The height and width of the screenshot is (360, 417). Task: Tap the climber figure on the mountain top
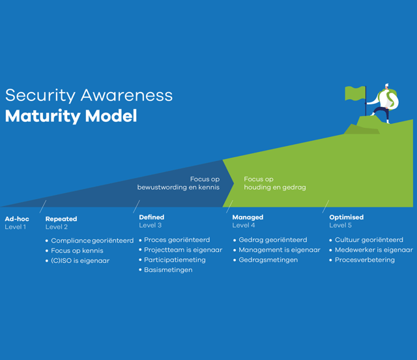click(x=386, y=103)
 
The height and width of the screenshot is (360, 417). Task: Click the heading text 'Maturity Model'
click(x=71, y=116)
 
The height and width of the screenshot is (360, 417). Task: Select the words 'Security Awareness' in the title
click(x=89, y=95)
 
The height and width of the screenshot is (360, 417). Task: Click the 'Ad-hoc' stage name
click(x=17, y=218)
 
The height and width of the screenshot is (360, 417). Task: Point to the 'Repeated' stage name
click(x=61, y=218)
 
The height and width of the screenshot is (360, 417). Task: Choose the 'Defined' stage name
click(x=152, y=217)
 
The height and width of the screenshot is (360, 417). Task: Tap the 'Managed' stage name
click(x=248, y=217)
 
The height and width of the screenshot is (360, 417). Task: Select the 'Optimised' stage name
click(x=347, y=217)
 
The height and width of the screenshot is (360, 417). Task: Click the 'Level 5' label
click(x=341, y=226)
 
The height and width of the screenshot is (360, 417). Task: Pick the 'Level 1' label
click(x=16, y=227)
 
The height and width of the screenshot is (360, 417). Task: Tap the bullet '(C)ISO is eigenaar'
click(x=80, y=261)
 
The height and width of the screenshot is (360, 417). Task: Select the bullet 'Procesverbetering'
click(x=365, y=260)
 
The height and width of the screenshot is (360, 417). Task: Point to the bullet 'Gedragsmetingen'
click(x=268, y=260)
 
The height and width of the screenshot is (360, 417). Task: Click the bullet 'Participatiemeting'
click(x=175, y=260)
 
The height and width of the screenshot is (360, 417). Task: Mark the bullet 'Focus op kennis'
click(x=77, y=250)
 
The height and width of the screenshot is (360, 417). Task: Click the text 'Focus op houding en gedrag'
click(x=274, y=183)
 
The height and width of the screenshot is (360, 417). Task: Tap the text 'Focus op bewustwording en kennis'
click(x=179, y=183)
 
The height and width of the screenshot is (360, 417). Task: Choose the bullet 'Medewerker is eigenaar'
click(x=374, y=250)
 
